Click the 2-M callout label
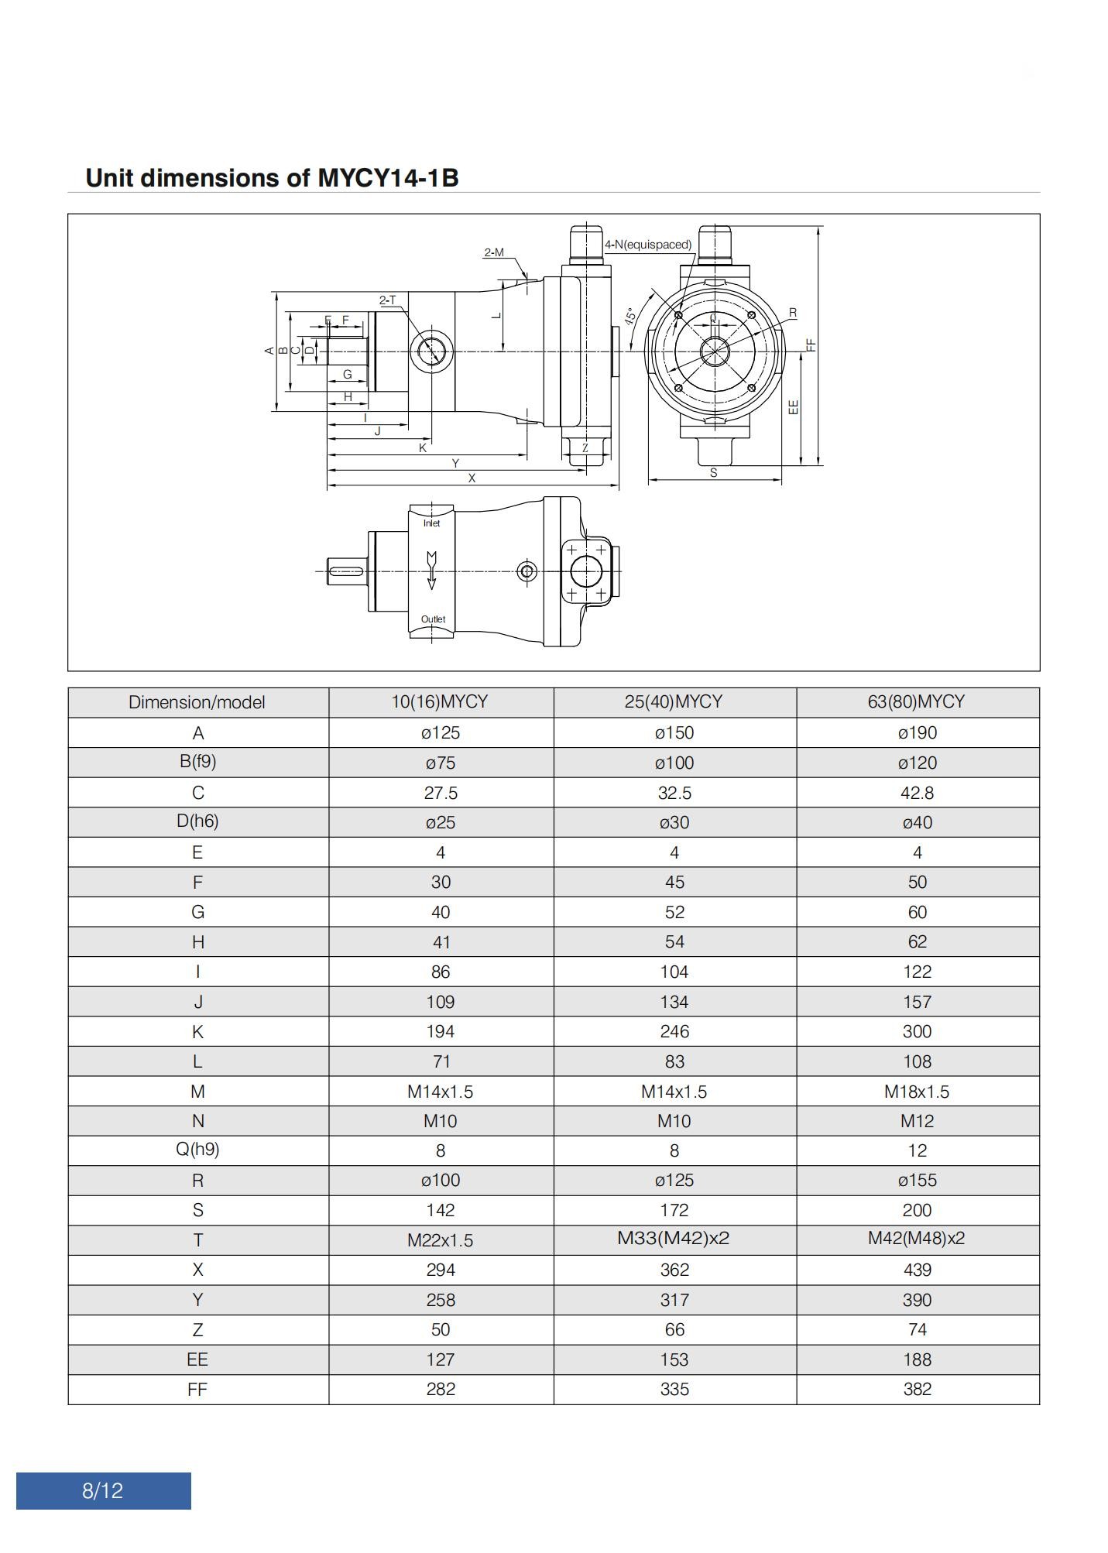tap(494, 252)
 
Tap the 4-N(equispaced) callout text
tap(648, 245)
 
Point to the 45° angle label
tap(630, 316)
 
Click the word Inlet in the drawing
tap(431, 523)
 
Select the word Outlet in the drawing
tap(433, 619)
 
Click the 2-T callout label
tap(387, 300)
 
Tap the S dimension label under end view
tap(713, 472)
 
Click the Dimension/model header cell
tap(197, 702)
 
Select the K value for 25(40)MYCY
tap(674, 1031)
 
